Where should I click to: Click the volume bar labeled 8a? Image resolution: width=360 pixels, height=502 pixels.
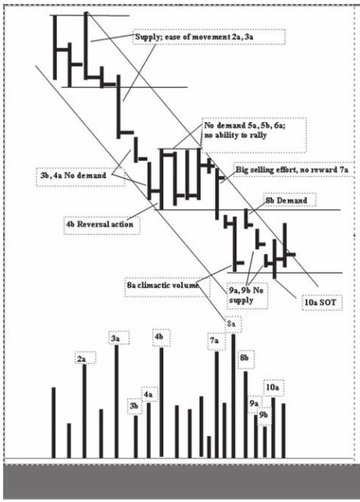pos(233,396)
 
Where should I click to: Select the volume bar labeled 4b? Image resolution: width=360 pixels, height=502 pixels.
pos(162,402)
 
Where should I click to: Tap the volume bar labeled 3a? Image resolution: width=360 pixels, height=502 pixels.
pos(117,402)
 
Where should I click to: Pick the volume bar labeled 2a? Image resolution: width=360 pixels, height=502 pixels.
pos(85,411)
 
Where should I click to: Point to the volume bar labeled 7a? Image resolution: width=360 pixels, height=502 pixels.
pos(217,405)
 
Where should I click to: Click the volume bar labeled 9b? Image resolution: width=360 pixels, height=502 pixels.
pos(265,442)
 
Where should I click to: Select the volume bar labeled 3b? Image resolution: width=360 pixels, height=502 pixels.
pos(136,437)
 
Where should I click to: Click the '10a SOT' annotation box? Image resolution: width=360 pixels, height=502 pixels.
pos(322,302)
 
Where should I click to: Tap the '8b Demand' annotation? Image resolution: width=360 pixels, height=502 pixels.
pos(289,200)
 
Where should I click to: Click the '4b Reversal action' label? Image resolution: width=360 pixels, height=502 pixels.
pos(102,224)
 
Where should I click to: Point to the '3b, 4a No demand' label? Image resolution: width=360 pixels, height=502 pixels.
pos(80,176)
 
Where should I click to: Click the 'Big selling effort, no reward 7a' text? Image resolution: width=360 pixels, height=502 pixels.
pos(292,169)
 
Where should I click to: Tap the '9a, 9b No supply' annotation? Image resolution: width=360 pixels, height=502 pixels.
pos(247,295)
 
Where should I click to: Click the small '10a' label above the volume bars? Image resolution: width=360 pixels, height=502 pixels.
pos(273,388)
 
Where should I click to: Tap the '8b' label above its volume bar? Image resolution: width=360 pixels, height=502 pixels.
pos(246,358)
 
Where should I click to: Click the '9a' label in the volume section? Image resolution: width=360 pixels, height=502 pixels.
pos(254,403)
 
